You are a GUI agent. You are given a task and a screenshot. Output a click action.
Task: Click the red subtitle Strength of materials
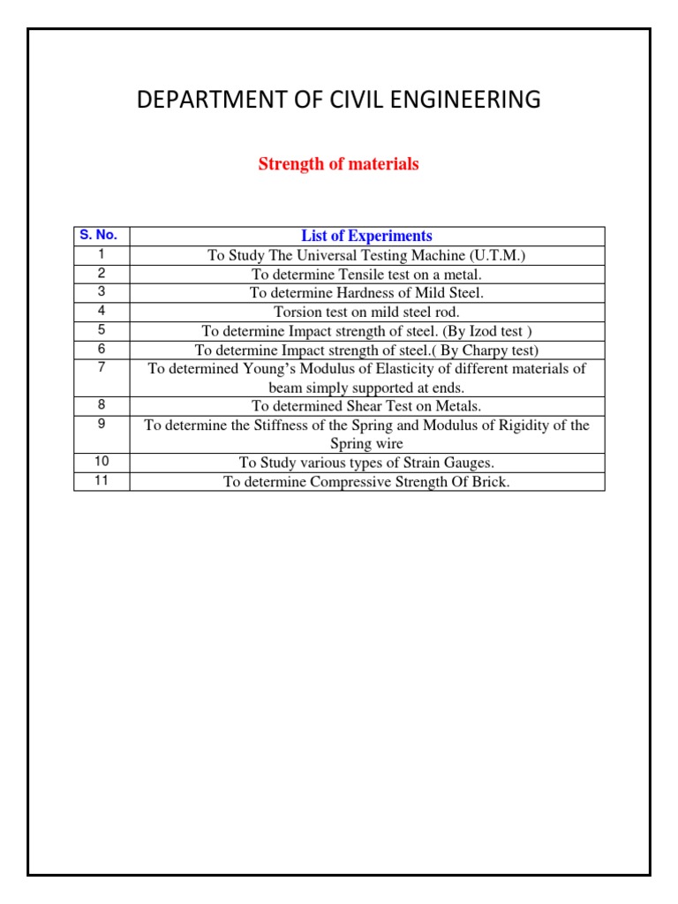[338, 164]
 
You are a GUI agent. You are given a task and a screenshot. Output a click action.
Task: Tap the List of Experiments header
[366, 236]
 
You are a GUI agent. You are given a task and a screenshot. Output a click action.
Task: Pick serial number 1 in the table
[102, 254]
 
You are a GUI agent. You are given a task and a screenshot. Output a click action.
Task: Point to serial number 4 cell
[102, 311]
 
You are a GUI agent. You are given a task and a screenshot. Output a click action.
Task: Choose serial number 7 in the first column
[102, 367]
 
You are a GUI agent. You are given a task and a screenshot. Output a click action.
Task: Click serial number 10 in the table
[102, 462]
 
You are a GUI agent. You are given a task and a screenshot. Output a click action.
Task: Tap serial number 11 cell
[102, 481]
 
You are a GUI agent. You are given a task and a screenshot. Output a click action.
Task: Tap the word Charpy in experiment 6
[478, 350]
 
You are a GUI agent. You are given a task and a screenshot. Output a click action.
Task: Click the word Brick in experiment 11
[491, 482]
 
